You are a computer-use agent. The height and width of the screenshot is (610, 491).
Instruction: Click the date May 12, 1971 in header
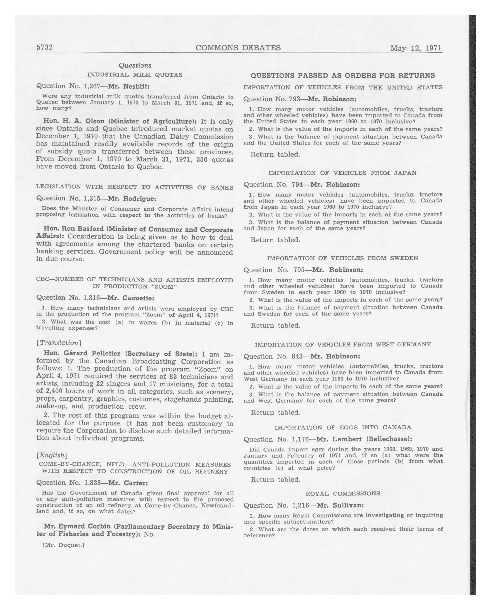click(416, 48)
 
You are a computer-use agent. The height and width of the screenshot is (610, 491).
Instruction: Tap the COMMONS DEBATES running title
click(238, 48)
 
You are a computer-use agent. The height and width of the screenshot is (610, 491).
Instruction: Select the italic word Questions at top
click(135, 65)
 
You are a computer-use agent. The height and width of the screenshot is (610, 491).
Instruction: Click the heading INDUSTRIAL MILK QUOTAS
click(135, 75)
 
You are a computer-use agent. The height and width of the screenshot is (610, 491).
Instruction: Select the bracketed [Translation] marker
click(59, 343)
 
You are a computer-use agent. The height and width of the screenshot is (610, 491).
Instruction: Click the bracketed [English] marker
click(52, 455)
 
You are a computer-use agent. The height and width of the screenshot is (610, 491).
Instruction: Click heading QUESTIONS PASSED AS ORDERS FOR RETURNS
click(343, 75)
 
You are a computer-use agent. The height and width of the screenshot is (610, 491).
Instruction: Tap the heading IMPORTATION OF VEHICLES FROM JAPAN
click(342, 173)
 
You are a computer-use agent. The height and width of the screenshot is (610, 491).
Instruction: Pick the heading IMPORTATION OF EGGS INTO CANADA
click(343, 427)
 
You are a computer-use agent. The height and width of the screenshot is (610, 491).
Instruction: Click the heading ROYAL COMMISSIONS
click(343, 493)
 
